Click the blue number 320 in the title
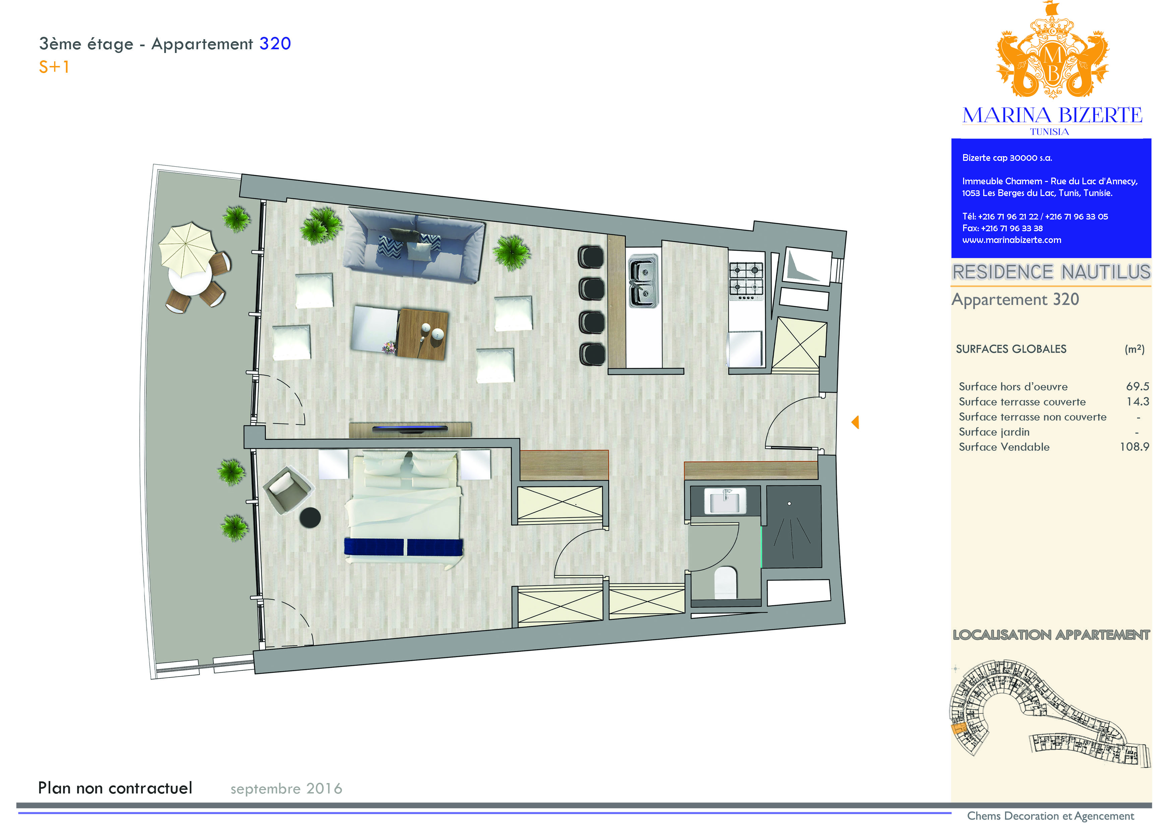(275, 44)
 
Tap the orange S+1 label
(54, 67)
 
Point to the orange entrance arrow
(855, 423)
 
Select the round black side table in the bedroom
(310, 518)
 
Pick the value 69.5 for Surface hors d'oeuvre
(1137, 387)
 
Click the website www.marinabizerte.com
(1012, 240)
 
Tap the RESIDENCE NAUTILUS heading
(1051, 272)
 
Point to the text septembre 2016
(286, 788)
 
